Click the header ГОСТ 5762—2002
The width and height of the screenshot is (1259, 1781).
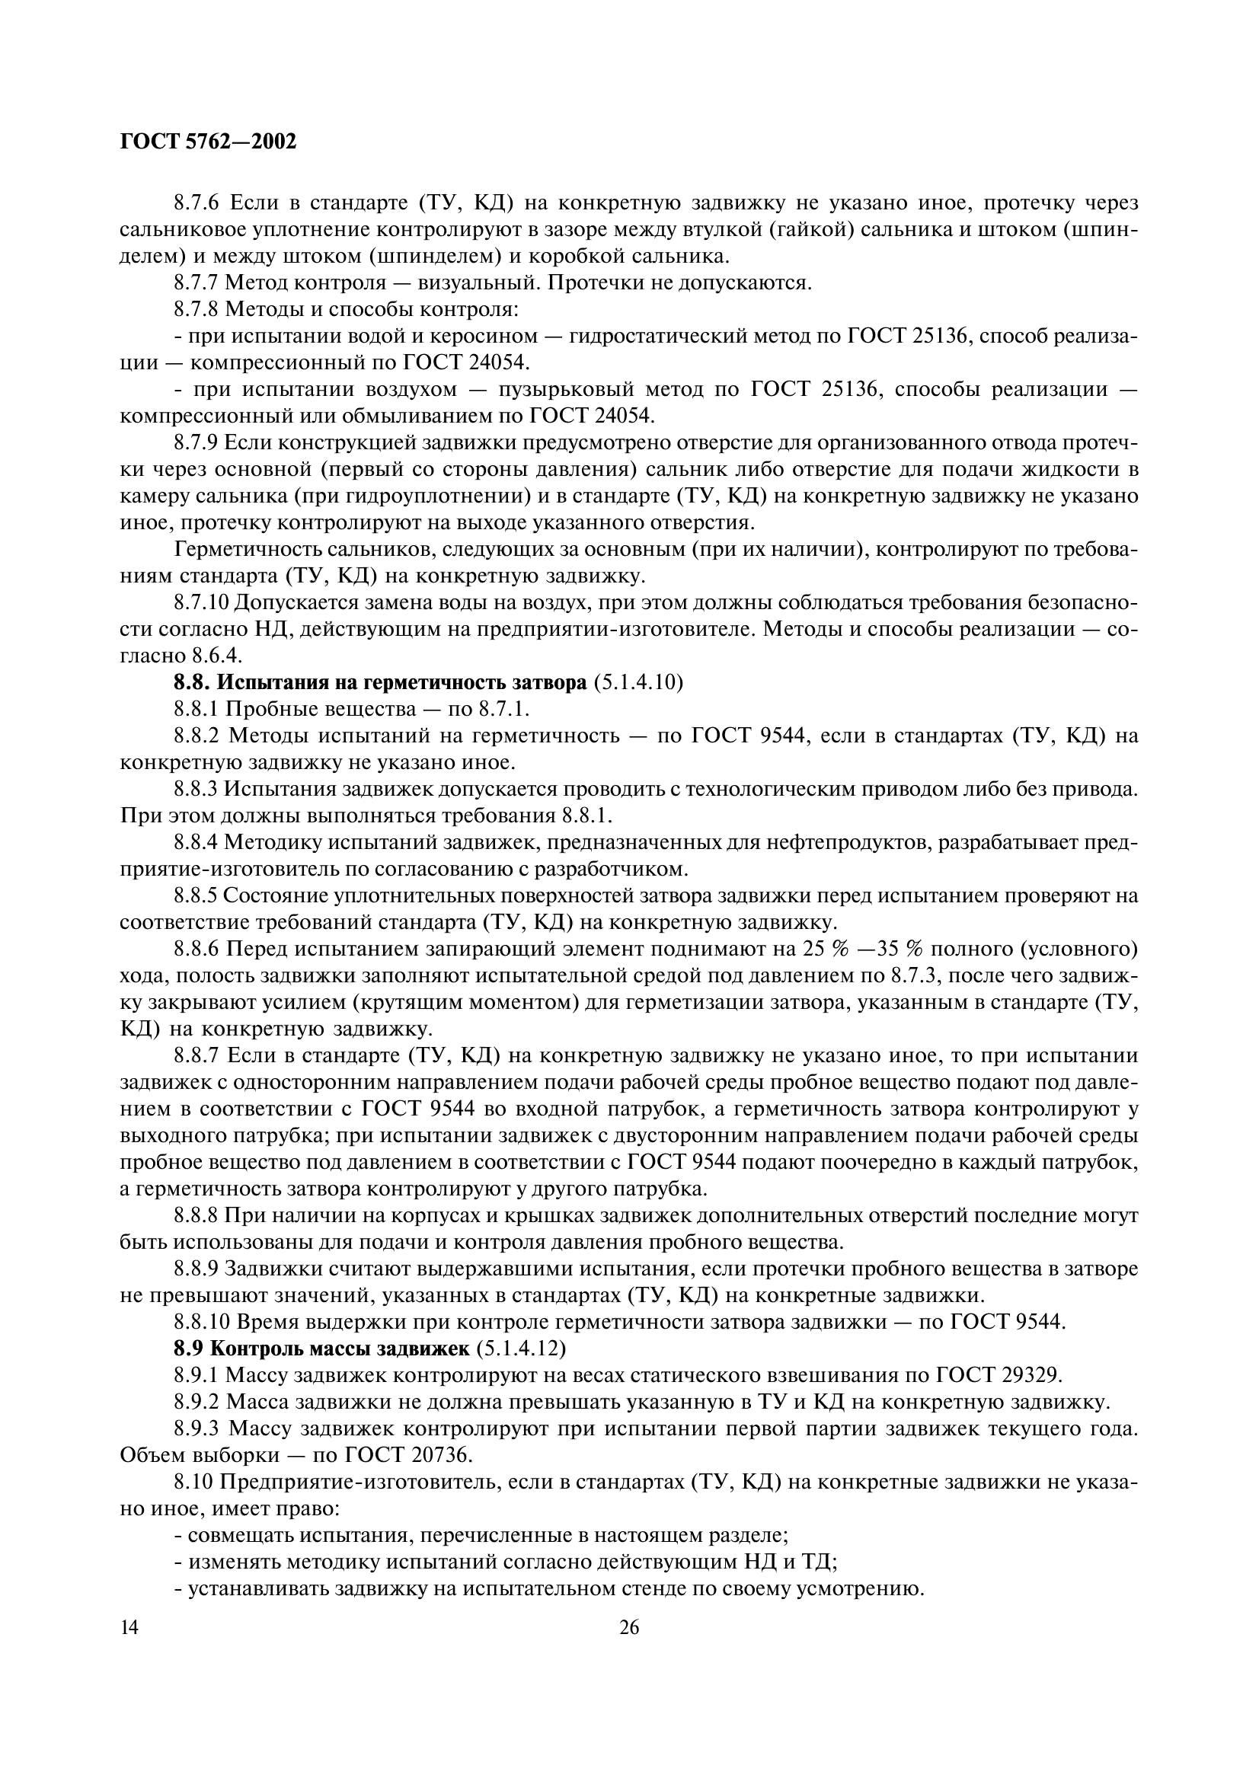pyautogui.click(x=209, y=142)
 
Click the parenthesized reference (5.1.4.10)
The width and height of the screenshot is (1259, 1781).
pyautogui.click(x=638, y=682)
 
